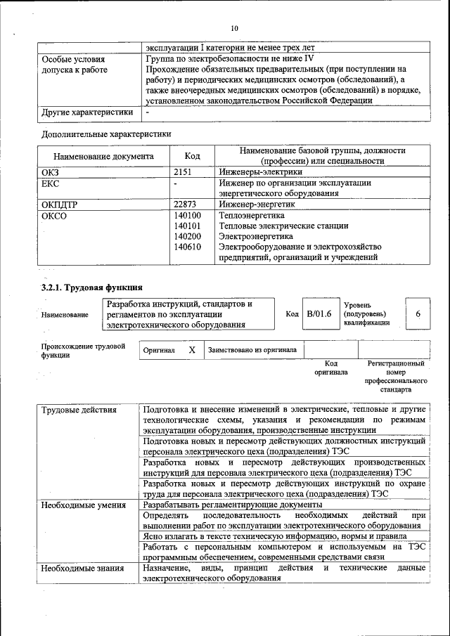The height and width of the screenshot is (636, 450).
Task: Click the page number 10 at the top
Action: point(234,27)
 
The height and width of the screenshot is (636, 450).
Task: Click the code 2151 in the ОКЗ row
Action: point(183,171)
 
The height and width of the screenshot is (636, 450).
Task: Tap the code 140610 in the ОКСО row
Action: point(187,247)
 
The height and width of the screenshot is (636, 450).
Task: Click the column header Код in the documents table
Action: point(192,156)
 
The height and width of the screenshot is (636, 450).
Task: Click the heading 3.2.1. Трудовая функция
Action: point(92,287)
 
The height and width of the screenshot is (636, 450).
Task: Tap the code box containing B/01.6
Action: point(319,314)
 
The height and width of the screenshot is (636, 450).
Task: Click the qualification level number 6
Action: point(418,314)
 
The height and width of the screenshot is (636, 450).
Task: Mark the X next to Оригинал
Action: point(191,349)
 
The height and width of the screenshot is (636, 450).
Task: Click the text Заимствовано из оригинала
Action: point(252,349)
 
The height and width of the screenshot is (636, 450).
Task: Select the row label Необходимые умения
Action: point(83,504)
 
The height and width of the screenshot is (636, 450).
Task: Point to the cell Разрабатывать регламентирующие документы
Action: point(232,504)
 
